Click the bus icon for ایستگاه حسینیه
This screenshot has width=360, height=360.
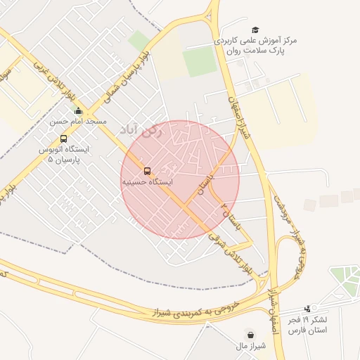point(147,171)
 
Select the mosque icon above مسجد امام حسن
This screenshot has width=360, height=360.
point(77,111)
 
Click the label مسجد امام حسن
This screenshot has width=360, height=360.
point(77,121)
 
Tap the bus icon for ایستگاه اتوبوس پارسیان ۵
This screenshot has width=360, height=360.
point(64,139)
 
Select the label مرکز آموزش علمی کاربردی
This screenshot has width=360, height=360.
point(257,41)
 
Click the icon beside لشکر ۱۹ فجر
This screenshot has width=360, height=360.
point(307,309)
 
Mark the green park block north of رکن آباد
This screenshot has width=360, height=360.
point(200,62)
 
